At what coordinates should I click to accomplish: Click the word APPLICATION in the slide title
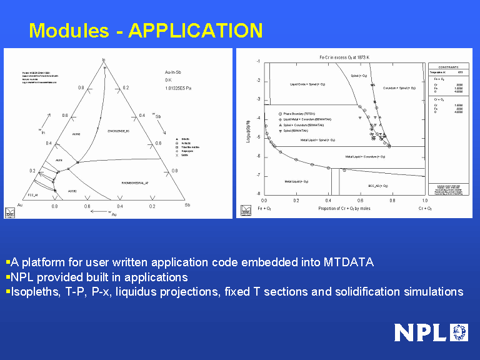tap(195, 30)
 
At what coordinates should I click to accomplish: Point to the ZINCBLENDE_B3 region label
tap(118, 132)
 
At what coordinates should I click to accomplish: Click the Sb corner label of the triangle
tap(187, 205)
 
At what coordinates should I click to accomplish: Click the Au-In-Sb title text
tap(173, 72)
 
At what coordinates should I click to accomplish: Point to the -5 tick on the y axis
tap(257, 137)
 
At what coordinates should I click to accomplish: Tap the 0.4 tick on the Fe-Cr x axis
tap(329, 201)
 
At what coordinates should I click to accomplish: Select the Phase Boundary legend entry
tap(299, 114)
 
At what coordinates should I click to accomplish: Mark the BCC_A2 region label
tap(378, 186)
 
